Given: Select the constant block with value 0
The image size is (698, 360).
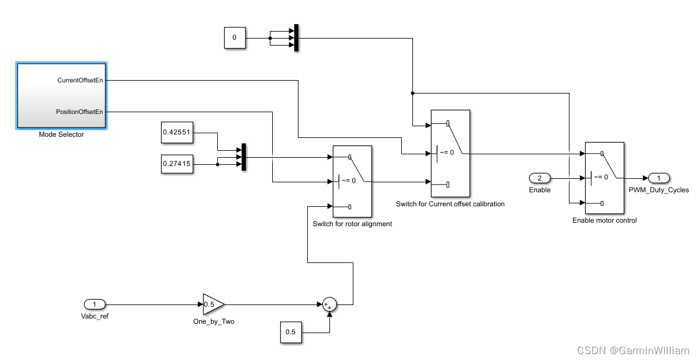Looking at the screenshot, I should click(x=234, y=38).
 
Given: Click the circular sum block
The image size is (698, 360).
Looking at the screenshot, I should click(x=329, y=304).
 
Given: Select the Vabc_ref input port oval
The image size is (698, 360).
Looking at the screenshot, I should click(x=95, y=304).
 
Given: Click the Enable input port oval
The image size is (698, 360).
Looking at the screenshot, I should click(x=540, y=178).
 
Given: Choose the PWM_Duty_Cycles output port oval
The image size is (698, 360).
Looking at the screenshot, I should click(x=658, y=178).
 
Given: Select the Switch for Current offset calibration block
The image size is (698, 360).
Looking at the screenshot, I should click(x=450, y=153).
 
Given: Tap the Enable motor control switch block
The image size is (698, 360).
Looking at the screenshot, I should click(x=604, y=178).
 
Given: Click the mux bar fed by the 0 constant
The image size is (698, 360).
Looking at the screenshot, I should click(x=296, y=38).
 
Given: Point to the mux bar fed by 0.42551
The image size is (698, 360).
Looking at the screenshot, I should click(x=244, y=158).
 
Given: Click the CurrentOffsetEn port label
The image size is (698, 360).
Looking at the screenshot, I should click(x=80, y=80).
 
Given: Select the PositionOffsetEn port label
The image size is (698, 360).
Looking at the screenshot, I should click(x=79, y=111).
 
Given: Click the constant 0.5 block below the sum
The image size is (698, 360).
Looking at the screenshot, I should click(x=290, y=333).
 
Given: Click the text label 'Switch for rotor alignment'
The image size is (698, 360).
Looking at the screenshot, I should click(x=352, y=224).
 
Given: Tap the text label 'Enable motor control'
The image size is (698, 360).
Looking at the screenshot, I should click(x=604, y=220).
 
